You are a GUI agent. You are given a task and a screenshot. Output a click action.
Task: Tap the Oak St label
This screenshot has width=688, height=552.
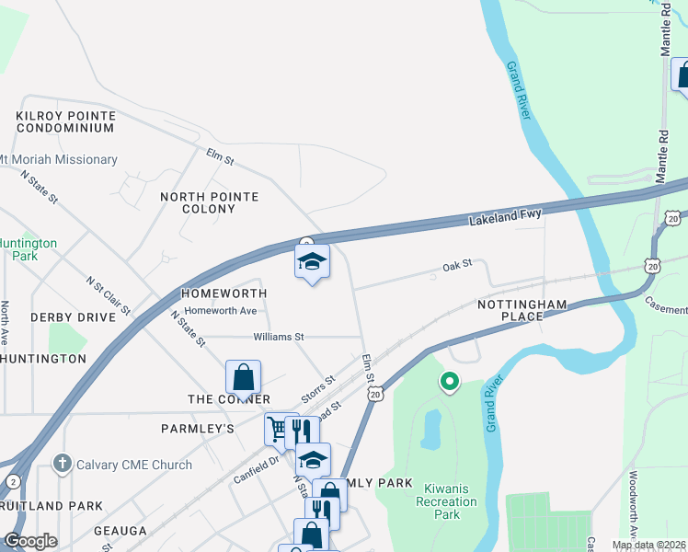[x=456, y=264]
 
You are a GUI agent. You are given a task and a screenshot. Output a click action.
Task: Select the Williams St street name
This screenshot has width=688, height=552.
[x=279, y=338]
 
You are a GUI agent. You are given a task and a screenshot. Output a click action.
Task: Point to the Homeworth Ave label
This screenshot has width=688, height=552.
[x=220, y=311]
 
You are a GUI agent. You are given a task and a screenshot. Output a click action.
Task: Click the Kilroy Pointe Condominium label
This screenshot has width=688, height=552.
[x=65, y=121]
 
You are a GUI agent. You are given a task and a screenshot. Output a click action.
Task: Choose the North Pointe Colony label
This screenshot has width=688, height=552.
[x=209, y=202]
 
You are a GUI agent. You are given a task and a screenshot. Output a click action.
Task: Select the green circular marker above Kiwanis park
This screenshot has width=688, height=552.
[x=449, y=380]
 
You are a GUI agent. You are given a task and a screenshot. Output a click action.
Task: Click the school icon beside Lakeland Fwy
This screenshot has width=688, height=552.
[x=312, y=262]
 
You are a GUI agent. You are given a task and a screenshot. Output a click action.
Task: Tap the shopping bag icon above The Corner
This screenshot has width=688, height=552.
[x=243, y=376]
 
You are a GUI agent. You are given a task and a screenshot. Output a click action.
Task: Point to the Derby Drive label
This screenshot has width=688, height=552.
[x=73, y=317]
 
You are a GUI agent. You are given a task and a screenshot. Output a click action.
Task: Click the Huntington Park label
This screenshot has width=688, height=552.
[x=28, y=249]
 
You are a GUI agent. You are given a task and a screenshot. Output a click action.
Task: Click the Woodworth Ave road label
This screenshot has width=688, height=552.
[x=634, y=506]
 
